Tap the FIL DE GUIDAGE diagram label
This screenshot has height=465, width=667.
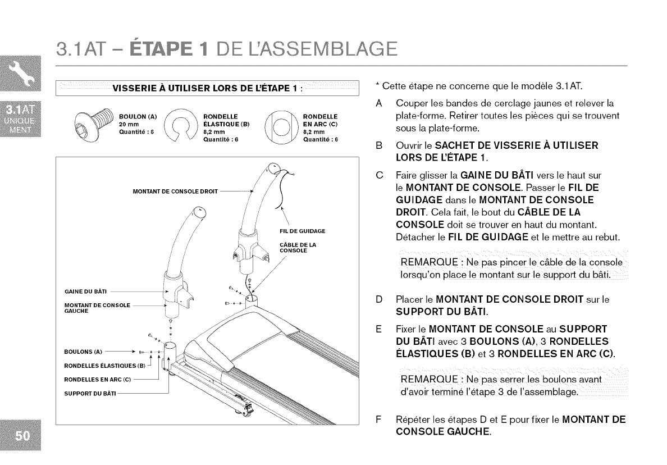tap(302, 231)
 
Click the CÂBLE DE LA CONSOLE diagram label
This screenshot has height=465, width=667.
tap(298, 247)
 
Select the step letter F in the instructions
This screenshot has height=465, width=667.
tap(379, 421)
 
